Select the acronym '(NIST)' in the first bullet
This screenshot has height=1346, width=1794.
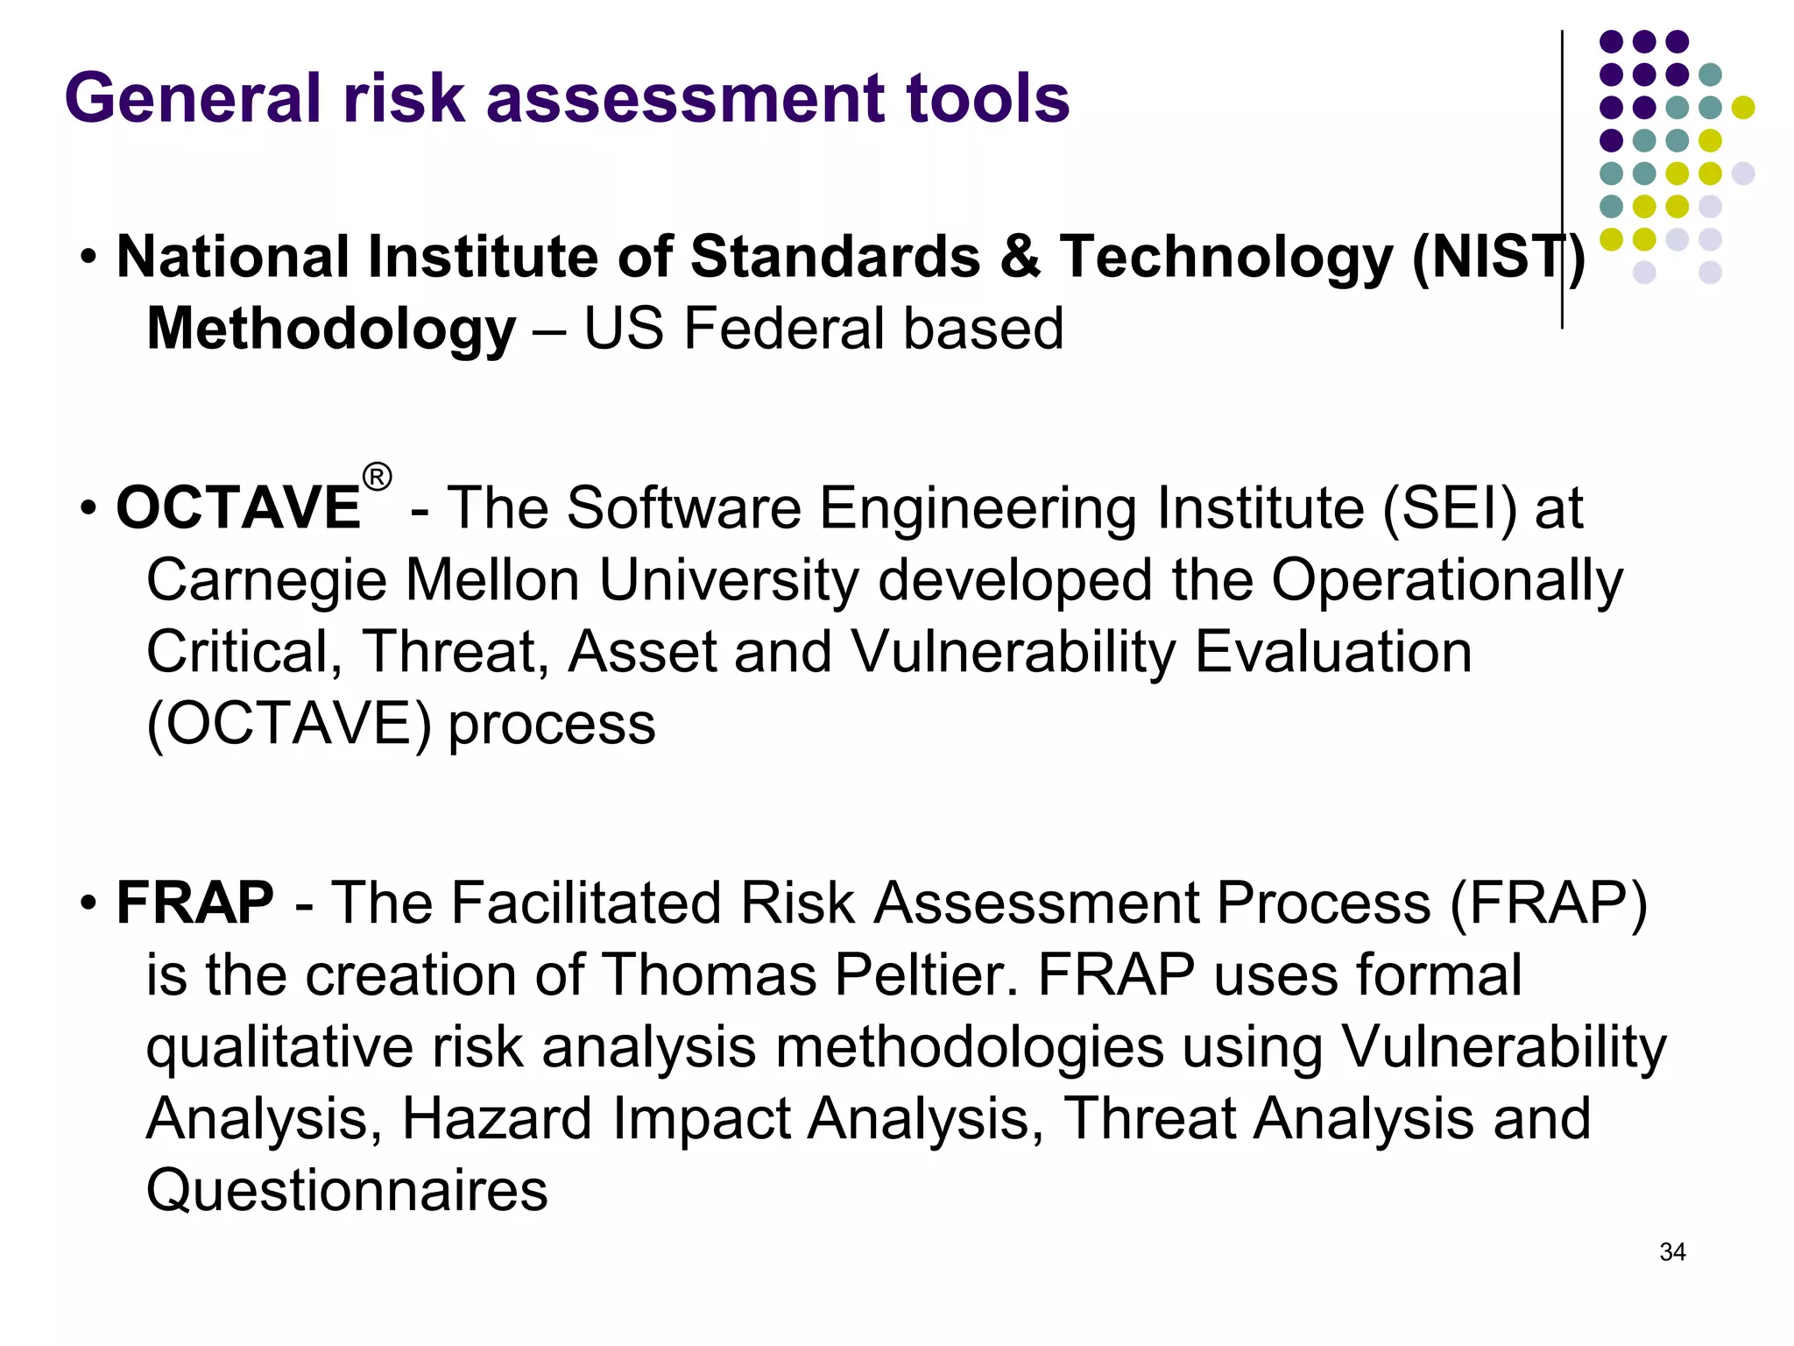[x=1499, y=258]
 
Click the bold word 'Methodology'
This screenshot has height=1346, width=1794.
[x=331, y=329]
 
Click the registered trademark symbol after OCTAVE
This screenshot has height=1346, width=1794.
[x=377, y=478]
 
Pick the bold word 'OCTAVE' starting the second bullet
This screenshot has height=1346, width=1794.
[x=238, y=508]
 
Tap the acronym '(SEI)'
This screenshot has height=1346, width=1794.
[x=1449, y=508]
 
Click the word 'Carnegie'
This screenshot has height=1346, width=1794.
[x=266, y=582]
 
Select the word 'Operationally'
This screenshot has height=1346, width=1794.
[x=1446, y=582]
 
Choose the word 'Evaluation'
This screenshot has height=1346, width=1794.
[x=1333, y=653]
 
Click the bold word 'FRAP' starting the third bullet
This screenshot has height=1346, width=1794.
[x=194, y=903]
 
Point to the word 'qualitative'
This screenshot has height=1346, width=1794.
[x=279, y=1048]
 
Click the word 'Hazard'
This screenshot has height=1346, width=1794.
[x=497, y=1120]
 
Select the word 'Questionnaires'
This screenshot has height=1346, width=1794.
[x=347, y=1192]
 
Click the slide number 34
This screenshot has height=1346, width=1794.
[x=1672, y=1252]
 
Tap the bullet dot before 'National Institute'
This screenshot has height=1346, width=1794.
[x=88, y=259]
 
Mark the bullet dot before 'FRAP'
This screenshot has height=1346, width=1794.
[x=88, y=903]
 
